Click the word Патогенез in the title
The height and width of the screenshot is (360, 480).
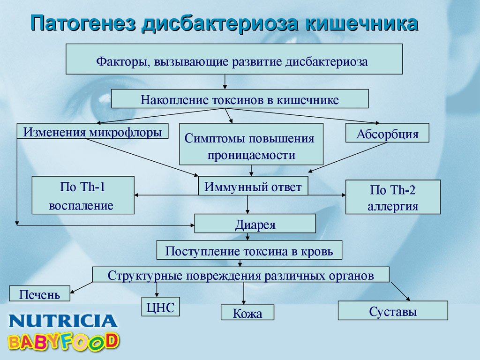(83, 23)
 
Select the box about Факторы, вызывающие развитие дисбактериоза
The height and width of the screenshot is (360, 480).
(234, 59)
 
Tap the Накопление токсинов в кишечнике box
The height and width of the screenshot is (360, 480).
(240, 98)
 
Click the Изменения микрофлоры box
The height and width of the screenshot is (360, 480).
(92, 131)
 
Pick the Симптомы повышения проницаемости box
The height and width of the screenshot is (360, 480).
(251, 144)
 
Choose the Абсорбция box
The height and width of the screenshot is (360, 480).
(387, 133)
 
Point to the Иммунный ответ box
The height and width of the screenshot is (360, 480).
(253, 186)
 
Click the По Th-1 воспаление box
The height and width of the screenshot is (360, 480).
(83, 195)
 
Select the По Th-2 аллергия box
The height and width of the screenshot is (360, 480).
(393, 197)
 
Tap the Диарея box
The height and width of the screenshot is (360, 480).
(255, 224)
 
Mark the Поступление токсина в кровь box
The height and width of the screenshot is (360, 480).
(249, 250)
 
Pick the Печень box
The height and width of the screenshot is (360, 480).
(39, 293)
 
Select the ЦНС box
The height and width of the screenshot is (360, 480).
(161, 307)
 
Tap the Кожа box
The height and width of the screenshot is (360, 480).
(247, 313)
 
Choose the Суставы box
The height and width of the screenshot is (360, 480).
(393, 311)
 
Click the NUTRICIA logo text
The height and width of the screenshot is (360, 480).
(63, 321)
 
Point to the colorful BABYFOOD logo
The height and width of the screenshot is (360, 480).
(63, 341)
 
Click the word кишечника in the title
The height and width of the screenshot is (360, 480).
(361, 23)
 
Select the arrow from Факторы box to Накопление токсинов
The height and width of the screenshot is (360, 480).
(225, 82)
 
